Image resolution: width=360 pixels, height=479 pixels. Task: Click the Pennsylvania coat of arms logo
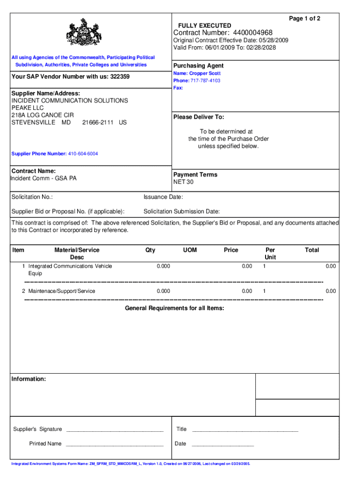pos(84,33)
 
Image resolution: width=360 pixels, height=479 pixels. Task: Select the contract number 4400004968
pos(250,33)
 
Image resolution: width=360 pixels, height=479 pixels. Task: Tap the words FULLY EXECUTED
pos(204,25)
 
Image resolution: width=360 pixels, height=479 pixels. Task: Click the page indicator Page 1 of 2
pos(305,18)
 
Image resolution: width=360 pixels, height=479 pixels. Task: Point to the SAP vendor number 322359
pos(120,77)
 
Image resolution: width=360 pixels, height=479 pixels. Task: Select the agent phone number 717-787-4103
pos(205,81)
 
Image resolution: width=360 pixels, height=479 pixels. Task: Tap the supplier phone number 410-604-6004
pos(83,154)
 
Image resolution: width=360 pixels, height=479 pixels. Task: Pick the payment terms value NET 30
pos(184,182)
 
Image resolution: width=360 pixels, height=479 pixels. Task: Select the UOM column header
pos(190,250)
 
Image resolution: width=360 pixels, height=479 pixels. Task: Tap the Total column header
pos(312,250)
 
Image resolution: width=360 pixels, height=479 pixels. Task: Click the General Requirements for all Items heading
pos(174,308)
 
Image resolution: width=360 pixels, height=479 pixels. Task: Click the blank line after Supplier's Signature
pos(115,429)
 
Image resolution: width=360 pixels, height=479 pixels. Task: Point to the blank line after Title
pos(245,429)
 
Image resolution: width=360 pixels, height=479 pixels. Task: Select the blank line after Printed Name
pos(115,444)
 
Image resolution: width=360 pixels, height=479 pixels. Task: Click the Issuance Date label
pos(163,197)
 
